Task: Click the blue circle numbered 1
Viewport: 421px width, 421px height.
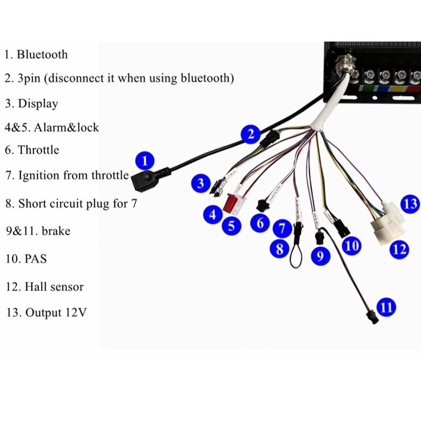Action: pyautogui.click(x=145, y=161)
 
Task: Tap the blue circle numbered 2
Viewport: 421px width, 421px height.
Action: pyautogui.click(x=250, y=134)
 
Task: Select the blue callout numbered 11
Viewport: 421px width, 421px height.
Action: pyautogui.click(x=386, y=307)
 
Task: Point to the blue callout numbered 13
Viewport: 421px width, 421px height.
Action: pyautogui.click(x=410, y=204)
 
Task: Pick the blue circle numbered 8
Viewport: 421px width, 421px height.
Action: pyautogui.click(x=279, y=248)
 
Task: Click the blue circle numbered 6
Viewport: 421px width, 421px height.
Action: pyautogui.click(x=260, y=223)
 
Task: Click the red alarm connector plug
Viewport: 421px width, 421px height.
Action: pyautogui.click(x=229, y=202)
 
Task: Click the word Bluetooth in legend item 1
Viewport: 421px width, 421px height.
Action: pyautogui.click(x=42, y=55)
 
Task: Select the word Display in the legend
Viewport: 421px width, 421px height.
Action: pyautogui.click(x=38, y=104)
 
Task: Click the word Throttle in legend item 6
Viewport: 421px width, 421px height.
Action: pyautogui.click(x=38, y=150)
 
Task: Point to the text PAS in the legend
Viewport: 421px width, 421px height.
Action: pyautogui.click(x=36, y=259)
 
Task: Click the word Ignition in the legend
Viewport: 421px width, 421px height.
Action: pyautogui.click(x=38, y=176)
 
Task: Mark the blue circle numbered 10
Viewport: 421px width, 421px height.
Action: pyautogui.click(x=352, y=245)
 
